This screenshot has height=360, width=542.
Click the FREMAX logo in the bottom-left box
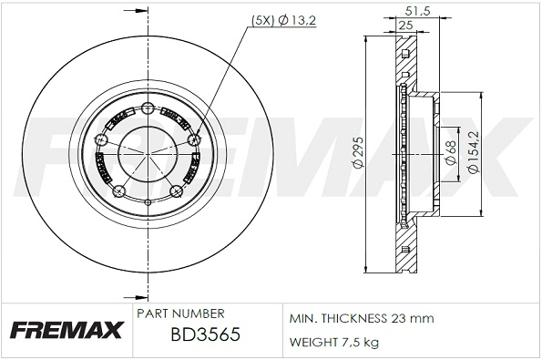[66, 330]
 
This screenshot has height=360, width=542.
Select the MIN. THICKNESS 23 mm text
[362, 318]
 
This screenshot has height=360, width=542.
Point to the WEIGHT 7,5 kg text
[335, 342]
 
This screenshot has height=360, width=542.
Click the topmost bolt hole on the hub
[146, 109]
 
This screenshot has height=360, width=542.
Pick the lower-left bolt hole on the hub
[118, 190]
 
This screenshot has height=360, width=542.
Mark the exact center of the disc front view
[146, 153]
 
